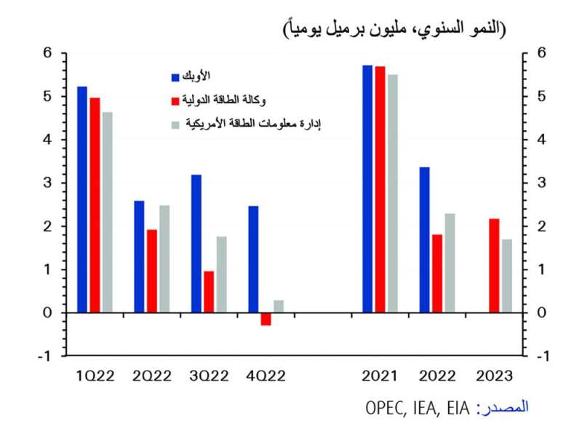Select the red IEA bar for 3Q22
pyautogui.click(x=209, y=292)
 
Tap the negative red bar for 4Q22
pyautogui.click(x=266, y=319)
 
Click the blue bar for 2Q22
pyautogui.click(x=139, y=256)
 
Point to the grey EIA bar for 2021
pyautogui.click(x=393, y=193)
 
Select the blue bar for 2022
pyautogui.click(x=424, y=240)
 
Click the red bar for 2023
pyautogui.click(x=494, y=266)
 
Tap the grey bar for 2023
pyautogui.click(x=507, y=276)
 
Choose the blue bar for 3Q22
pyautogui.click(x=196, y=243)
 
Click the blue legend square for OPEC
pyautogui.click(x=175, y=77)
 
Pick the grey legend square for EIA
pyautogui.click(x=175, y=125)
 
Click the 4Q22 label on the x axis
pyautogui.click(x=266, y=376)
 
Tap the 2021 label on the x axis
pyautogui.click(x=380, y=376)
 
